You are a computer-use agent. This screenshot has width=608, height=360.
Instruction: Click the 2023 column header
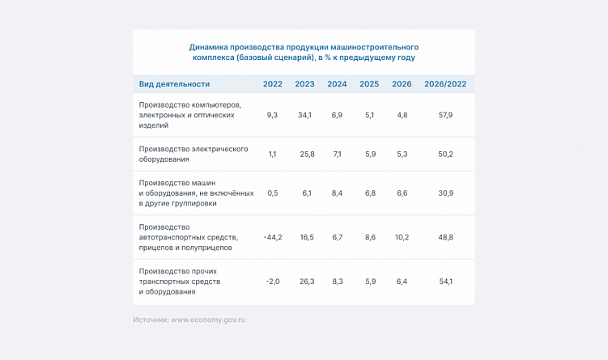click(304, 84)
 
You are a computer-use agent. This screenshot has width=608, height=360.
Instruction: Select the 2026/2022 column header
click(445, 84)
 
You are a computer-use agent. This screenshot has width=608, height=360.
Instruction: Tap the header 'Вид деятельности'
click(174, 84)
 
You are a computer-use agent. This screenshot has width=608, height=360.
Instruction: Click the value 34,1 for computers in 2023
click(304, 115)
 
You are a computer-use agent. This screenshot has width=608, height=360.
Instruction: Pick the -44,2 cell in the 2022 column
click(273, 237)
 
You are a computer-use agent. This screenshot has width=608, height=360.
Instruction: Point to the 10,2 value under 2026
click(402, 237)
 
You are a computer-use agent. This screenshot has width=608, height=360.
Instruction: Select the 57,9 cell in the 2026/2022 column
click(445, 115)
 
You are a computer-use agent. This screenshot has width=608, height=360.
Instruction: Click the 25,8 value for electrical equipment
click(304, 154)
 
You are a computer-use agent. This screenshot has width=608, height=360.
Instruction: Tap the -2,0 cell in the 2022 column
click(273, 282)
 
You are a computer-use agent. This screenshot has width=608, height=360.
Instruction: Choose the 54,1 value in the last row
click(445, 282)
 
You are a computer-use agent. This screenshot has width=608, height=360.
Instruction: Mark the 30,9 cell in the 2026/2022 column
click(445, 193)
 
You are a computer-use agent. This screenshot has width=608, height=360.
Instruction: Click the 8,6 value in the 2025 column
click(370, 237)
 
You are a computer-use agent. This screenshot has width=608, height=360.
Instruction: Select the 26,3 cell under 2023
click(304, 282)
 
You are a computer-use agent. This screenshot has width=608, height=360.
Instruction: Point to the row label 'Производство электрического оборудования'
click(193, 154)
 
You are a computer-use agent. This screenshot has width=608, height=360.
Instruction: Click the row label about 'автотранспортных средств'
click(189, 237)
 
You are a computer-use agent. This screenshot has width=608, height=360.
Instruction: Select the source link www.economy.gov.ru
click(208, 320)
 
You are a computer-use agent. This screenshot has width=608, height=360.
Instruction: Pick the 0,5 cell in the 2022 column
click(273, 193)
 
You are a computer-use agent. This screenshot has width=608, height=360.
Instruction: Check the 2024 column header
click(337, 84)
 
